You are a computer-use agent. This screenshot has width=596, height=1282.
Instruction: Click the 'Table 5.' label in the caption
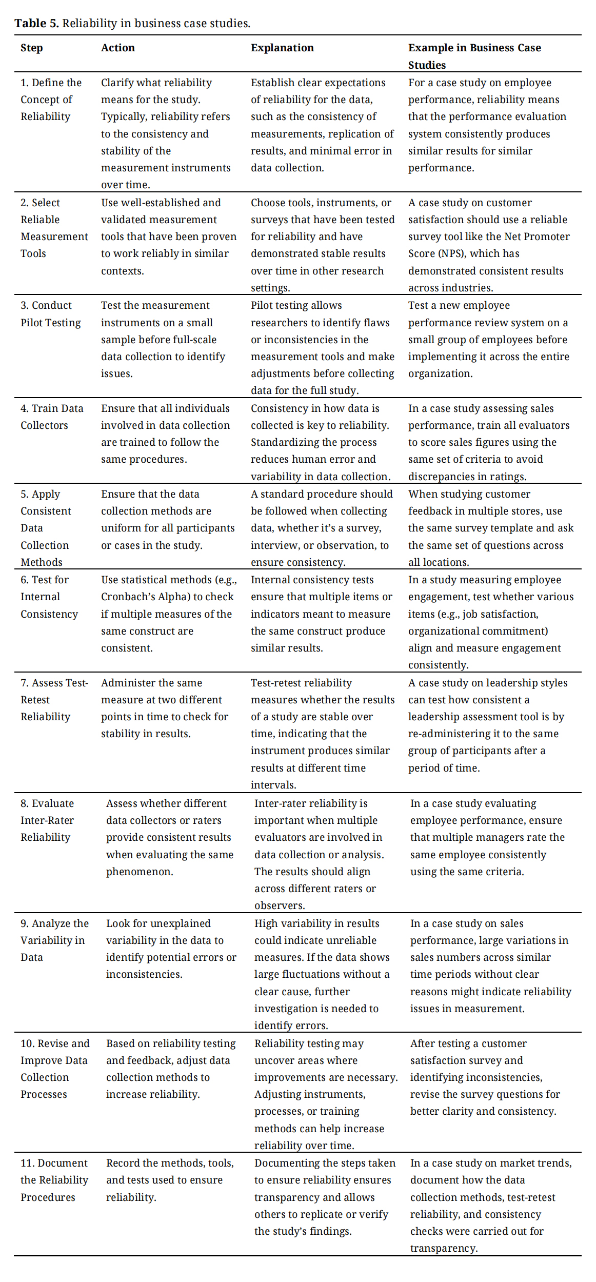pos(36,24)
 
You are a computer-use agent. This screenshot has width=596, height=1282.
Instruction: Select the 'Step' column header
pos(32,48)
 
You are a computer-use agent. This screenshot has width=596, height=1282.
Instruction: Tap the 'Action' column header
pos(118,48)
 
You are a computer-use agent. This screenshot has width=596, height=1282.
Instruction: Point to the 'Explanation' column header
pos(282,48)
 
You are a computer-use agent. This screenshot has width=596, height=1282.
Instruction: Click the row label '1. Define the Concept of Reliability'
pos(51,100)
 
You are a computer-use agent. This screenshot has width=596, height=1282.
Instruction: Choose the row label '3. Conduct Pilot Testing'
pos(51,314)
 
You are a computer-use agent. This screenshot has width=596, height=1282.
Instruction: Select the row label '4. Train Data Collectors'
pos(52,417)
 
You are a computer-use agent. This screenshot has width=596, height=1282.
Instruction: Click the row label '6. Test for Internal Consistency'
pos(49,597)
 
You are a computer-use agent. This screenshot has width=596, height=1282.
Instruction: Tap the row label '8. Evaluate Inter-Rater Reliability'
pos(47,820)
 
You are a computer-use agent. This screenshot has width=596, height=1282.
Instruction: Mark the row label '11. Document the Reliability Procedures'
pos(54,1180)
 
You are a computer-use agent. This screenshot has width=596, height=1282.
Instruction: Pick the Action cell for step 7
pos(165,708)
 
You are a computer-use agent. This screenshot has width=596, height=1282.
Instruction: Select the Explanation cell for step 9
pos(322,974)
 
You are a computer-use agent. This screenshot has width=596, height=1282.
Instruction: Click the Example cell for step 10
pos(485,1077)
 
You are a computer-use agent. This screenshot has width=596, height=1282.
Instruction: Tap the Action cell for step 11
pos(170,1180)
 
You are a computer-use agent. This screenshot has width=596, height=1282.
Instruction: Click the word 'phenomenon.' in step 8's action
pos(140,872)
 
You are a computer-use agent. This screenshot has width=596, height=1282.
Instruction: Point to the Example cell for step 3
pos(489,340)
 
